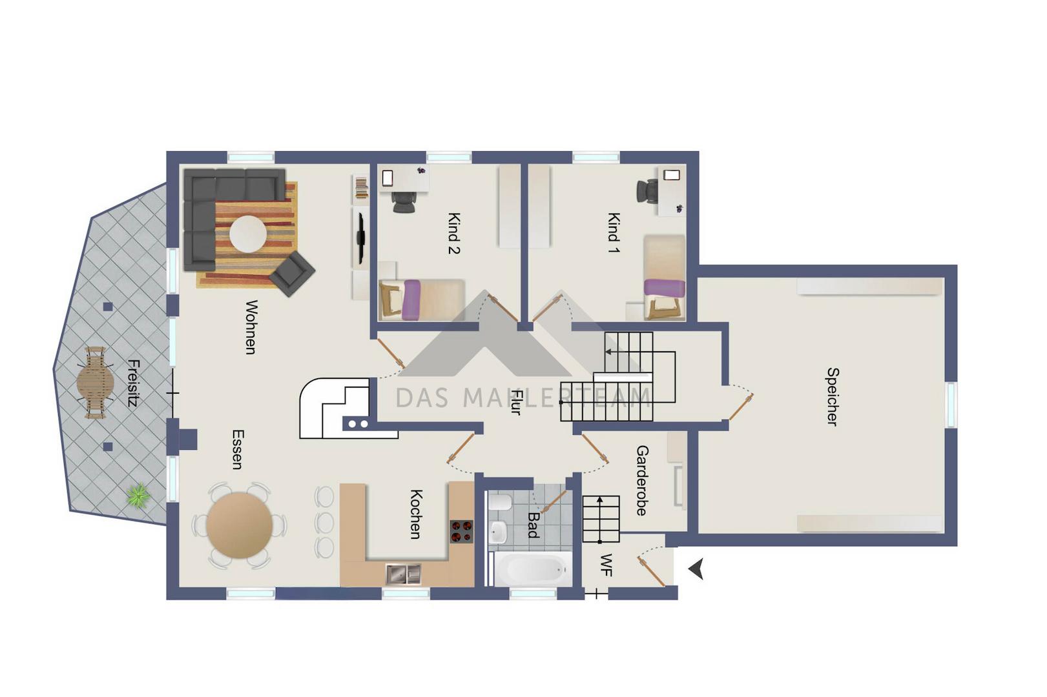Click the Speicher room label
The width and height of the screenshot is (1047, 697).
point(833,397)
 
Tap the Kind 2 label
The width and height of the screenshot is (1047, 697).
point(454,233)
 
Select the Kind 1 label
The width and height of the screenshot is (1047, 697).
point(613,232)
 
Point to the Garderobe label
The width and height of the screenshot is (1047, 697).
point(642,480)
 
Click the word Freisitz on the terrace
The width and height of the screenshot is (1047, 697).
point(133,383)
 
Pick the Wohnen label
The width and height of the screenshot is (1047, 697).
point(251,327)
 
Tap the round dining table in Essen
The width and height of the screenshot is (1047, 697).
point(240,525)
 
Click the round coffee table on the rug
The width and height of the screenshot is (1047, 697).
point(248,234)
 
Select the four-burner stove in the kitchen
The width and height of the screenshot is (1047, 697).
point(461,532)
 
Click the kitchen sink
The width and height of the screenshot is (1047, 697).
point(403,574)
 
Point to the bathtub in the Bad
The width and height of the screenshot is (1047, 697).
point(532,569)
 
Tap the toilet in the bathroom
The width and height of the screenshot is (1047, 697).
point(500,502)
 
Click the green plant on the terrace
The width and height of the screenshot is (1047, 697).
point(138,495)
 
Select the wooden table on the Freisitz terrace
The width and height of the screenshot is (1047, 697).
point(96,383)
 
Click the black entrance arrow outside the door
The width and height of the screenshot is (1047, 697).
point(696,569)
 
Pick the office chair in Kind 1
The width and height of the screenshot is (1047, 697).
point(647,191)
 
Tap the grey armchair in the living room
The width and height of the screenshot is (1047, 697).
point(292,274)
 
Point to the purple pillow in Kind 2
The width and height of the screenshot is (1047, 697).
point(411,300)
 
